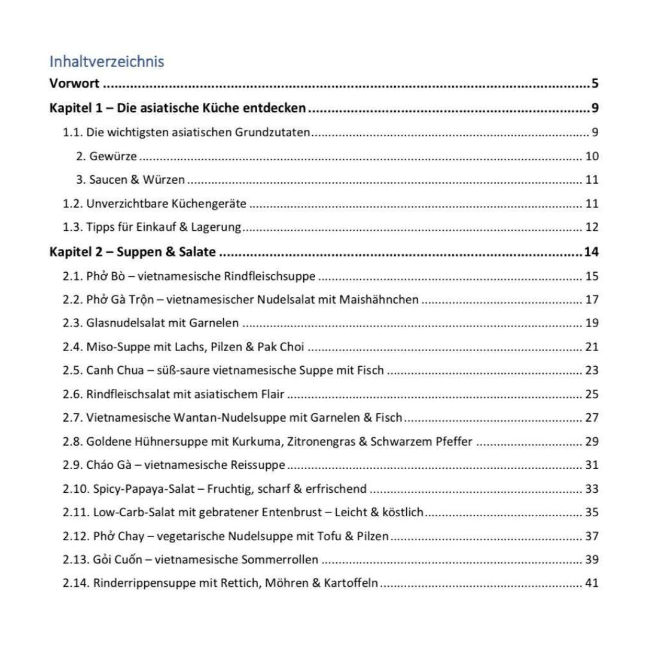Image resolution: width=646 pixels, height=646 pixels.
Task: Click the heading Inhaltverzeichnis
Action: point(106,61)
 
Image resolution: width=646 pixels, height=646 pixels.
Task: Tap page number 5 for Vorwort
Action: point(595,83)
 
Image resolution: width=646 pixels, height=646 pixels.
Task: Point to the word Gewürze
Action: point(113,156)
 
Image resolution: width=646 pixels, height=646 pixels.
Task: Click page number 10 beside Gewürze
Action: point(592,156)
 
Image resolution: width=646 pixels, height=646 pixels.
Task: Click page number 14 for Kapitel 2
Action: point(591,252)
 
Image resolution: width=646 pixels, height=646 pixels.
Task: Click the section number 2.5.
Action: point(73,370)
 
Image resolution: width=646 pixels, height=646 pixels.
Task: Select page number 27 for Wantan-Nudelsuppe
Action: point(592,417)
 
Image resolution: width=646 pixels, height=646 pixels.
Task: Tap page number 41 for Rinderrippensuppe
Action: point(592,583)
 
